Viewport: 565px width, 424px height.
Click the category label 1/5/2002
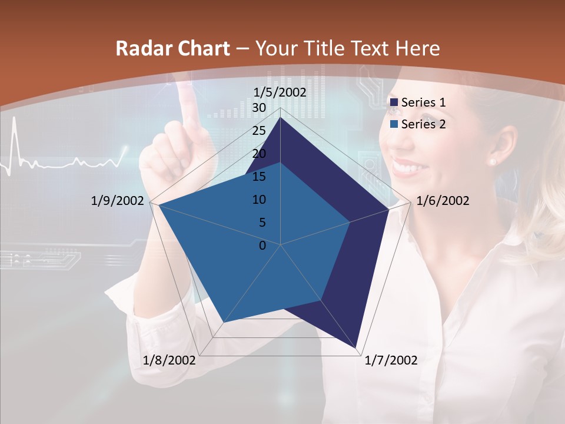pyautogui.click(x=280, y=92)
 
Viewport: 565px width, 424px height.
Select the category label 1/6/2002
pyautogui.click(x=443, y=201)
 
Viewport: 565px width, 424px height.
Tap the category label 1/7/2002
pyautogui.click(x=391, y=360)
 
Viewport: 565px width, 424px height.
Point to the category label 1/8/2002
pyautogui.click(x=169, y=360)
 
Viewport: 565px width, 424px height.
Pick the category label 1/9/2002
pyautogui.click(x=118, y=201)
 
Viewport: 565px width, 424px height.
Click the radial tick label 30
pyautogui.click(x=259, y=108)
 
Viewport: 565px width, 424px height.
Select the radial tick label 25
pyautogui.click(x=259, y=131)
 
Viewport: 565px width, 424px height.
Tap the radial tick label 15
pyautogui.click(x=259, y=177)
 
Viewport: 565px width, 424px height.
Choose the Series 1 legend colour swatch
pyautogui.click(x=394, y=102)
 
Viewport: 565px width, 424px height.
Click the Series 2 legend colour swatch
pyautogui.click(x=394, y=124)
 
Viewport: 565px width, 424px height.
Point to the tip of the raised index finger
pyautogui.click(x=187, y=88)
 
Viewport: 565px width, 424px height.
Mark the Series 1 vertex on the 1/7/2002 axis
pyautogui.click(x=357, y=347)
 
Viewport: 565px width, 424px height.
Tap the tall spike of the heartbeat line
pyautogui.click(x=14, y=118)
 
